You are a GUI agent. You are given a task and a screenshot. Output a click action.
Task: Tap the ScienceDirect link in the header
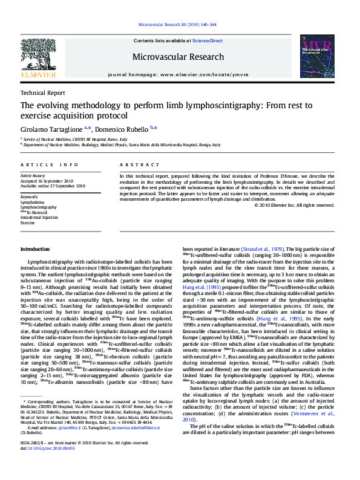pos(207,41)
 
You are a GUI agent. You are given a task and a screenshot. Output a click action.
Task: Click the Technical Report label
pos(42,93)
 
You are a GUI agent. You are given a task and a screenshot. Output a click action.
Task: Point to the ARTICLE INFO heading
pos(49,164)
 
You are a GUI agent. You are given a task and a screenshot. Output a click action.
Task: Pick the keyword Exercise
pos(28,222)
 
